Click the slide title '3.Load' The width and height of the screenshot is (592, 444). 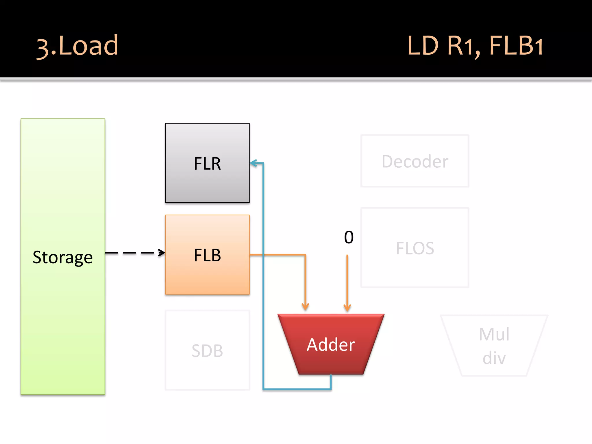[77, 46]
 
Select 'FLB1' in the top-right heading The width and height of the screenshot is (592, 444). [516, 46]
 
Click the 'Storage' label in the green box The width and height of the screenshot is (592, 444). [62, 257]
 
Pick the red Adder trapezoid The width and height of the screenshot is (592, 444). [331, 344]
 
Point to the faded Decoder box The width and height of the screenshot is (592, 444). [415, 161]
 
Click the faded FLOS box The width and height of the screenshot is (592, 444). [415, 248]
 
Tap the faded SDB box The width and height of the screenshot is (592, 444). [207, 350]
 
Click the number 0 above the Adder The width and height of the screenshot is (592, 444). [349, 237]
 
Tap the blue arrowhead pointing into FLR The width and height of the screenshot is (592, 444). [254, 163]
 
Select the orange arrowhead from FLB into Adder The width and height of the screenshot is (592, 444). [305, 306]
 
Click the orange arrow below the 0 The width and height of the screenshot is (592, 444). [347, 280]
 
